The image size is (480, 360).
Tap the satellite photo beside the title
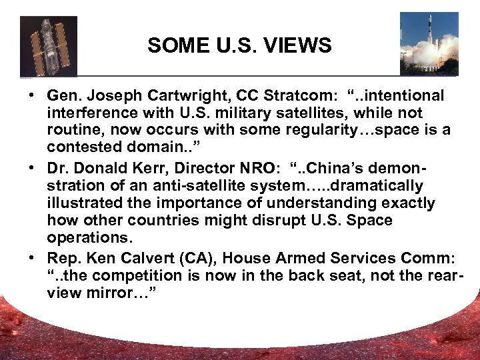pyautogui.click(x=49, y=46)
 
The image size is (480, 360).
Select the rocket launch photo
pyautogui.click(x=429, y=43)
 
